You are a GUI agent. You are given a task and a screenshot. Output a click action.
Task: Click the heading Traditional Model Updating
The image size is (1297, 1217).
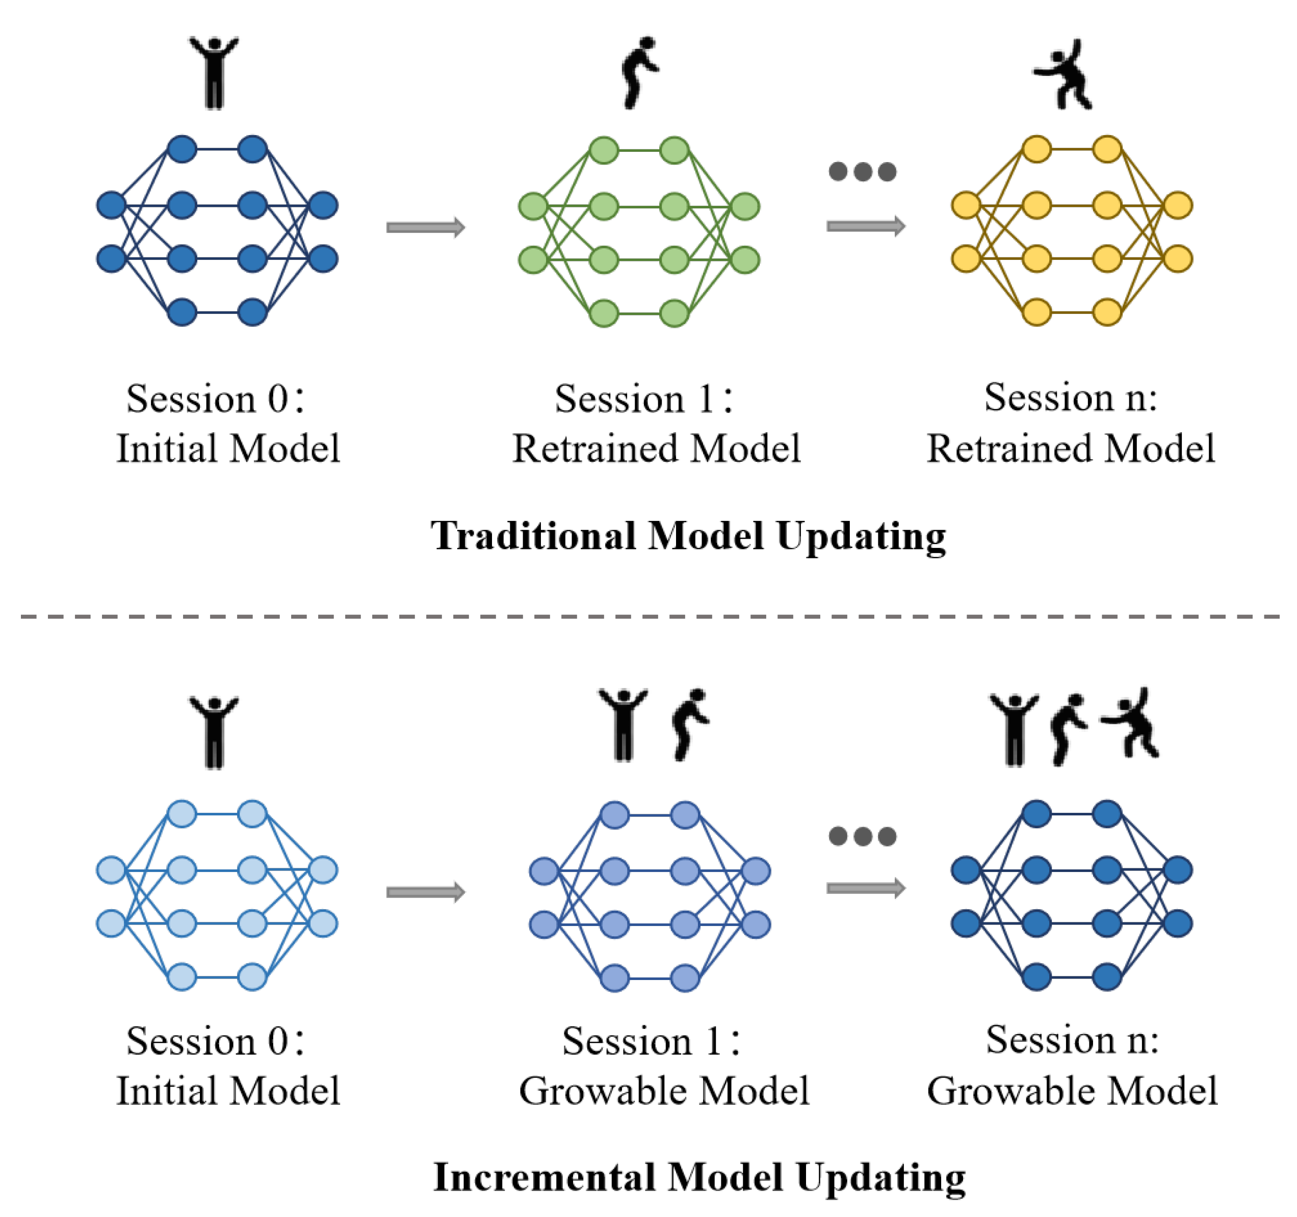[x=688, y=536]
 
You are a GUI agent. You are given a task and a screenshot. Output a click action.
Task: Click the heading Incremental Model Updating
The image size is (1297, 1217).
[x=699, y=1178]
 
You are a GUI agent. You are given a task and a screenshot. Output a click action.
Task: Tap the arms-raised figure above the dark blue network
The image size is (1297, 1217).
[x=214, y=72]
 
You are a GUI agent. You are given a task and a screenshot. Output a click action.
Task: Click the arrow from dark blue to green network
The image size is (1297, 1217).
[x=425, y=227]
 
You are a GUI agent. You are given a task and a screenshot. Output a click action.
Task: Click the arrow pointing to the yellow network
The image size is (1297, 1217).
[x=866, y=226]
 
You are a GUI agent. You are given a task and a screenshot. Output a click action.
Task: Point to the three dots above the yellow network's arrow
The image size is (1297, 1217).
[x=863, y=172]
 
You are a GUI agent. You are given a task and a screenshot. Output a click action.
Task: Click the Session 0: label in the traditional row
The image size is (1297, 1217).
[x=215, y=399]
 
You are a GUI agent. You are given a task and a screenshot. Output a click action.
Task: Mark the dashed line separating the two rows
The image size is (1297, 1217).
[x=648, y=616]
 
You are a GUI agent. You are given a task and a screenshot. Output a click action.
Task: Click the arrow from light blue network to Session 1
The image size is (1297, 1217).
[x=425, y=891]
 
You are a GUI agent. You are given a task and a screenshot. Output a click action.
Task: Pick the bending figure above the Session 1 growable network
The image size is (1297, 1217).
[x=690, y=724]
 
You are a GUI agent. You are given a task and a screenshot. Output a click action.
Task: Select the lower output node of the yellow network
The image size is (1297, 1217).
[x=1178, y=258]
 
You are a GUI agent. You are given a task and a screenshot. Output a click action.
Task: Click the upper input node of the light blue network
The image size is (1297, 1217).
[x=111, y=870]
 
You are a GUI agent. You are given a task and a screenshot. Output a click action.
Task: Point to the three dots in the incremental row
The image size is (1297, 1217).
[x=863, y=836]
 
